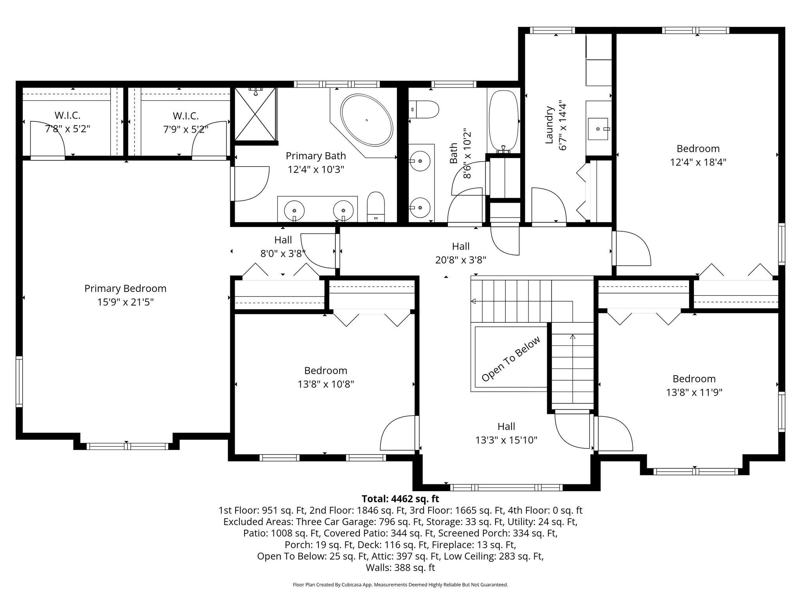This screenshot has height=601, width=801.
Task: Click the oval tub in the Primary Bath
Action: coord(366,120)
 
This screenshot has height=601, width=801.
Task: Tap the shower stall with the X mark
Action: coord(255,114)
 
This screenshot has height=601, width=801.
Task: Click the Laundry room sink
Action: coord(598,129)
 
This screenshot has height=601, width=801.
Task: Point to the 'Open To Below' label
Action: coord(511,359)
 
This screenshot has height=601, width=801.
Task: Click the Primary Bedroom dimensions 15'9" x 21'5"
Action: coord(125,302)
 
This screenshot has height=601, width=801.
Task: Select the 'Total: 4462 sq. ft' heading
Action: coord(400,499)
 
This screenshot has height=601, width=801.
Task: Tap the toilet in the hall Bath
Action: coord(424,110)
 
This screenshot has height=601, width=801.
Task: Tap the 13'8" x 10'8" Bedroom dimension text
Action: coord(325,384)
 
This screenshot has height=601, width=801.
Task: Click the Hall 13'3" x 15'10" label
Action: coord(506,433)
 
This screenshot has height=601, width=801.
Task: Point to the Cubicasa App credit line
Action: coord(400,585)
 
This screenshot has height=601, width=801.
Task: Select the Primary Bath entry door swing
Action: coord(250,184)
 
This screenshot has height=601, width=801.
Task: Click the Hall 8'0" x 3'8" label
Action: coord(283,247)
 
